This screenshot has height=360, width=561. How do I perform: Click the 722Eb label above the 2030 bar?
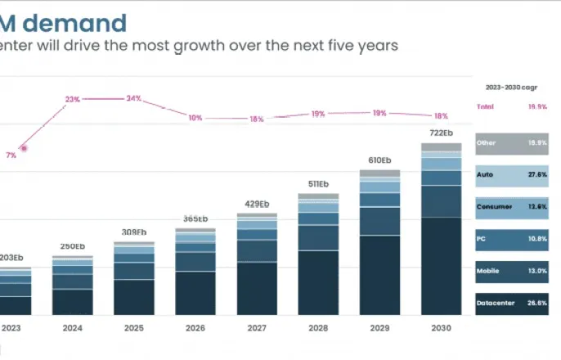442,133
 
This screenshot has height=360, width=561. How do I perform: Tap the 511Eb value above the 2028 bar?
318,184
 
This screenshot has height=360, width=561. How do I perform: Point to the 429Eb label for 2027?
257,204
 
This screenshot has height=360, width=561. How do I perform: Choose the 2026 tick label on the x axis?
195,328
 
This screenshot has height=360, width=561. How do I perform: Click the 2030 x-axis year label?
441,328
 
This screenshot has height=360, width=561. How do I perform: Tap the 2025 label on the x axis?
133,328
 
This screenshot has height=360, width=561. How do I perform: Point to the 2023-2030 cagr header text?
510,86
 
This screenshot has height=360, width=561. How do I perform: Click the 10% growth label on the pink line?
195,118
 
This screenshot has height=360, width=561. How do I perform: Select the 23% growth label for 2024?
73,99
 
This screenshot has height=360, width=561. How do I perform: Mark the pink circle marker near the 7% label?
25,148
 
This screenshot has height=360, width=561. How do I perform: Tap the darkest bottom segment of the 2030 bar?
441,266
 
